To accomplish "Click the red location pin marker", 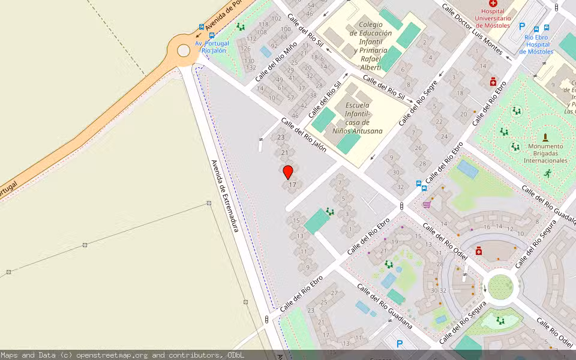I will click(x=288, y=172).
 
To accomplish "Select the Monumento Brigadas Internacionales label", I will click(x=545, y=153).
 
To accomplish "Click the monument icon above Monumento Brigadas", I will click(x=545, y=137).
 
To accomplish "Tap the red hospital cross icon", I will click(x=493, y=4).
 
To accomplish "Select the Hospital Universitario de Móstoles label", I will click(x=493, y=18).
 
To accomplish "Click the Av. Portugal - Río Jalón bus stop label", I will click(x=212, y=47).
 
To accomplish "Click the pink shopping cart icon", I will click(x=427, y=205).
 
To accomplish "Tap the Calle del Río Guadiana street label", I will click(x=384, y=305).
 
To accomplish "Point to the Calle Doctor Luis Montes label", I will click(x=472, y=29).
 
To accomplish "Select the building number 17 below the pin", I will click(x=293, y=185).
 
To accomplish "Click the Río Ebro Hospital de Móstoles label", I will click(x=536, y=44).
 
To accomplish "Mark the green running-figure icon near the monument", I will click(x=547, y=173).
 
